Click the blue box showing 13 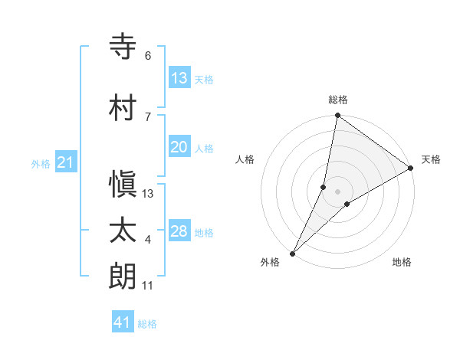pos(179,77)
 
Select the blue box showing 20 pos(179,147)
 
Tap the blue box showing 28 pos(179,231)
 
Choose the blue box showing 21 pos(65,162)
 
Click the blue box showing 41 pos(123,323)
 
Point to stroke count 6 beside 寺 pos(148,56)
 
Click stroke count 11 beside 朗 pos(148,286)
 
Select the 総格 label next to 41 pos(147,324)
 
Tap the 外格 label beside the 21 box pos(41,163)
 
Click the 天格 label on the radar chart pos(431,159)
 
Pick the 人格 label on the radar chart pos(245,159)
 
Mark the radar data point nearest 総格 pos(337,116)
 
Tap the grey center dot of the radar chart pos(337,191)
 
